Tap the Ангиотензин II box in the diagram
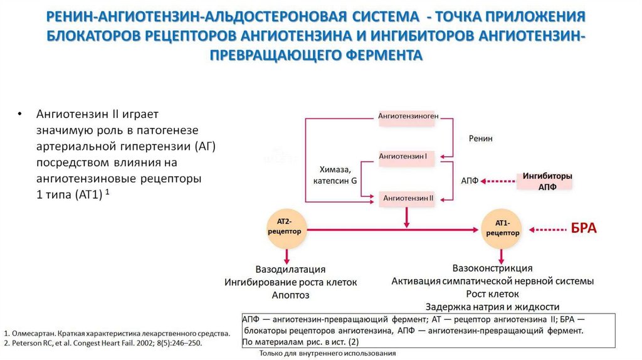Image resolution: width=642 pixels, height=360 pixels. [408, 198]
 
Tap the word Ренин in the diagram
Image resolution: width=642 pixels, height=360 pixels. [481, 139]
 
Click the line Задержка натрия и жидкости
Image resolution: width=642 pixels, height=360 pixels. [492, 307]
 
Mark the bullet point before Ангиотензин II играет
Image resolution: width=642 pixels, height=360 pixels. [20, 115]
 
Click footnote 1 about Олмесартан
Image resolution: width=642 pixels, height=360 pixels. [117, 334]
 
